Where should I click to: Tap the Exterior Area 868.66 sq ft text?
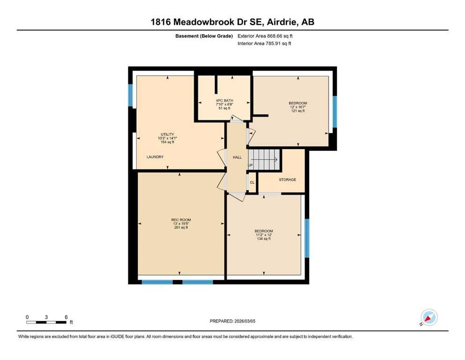point(265,36)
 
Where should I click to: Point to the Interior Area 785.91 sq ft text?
point(264,43)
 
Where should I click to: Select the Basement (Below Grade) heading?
point(204,36)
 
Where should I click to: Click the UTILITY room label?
point(167,135)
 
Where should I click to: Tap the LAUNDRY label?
point(155,157)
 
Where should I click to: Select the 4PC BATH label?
point(224,101)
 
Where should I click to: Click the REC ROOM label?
point(181,220)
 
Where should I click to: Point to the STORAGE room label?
point(288,180)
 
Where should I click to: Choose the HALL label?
point(237,157)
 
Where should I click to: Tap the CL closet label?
point(252,182)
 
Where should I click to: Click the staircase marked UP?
point(264,160)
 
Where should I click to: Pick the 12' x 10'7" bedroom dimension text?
point(298,107)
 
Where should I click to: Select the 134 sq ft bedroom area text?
point(264,239)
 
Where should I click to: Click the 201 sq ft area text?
point(181,228)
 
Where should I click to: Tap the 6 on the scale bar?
point(66,317)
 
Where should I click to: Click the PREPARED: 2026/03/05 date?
point(232,321)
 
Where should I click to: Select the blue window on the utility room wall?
point(130,95)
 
